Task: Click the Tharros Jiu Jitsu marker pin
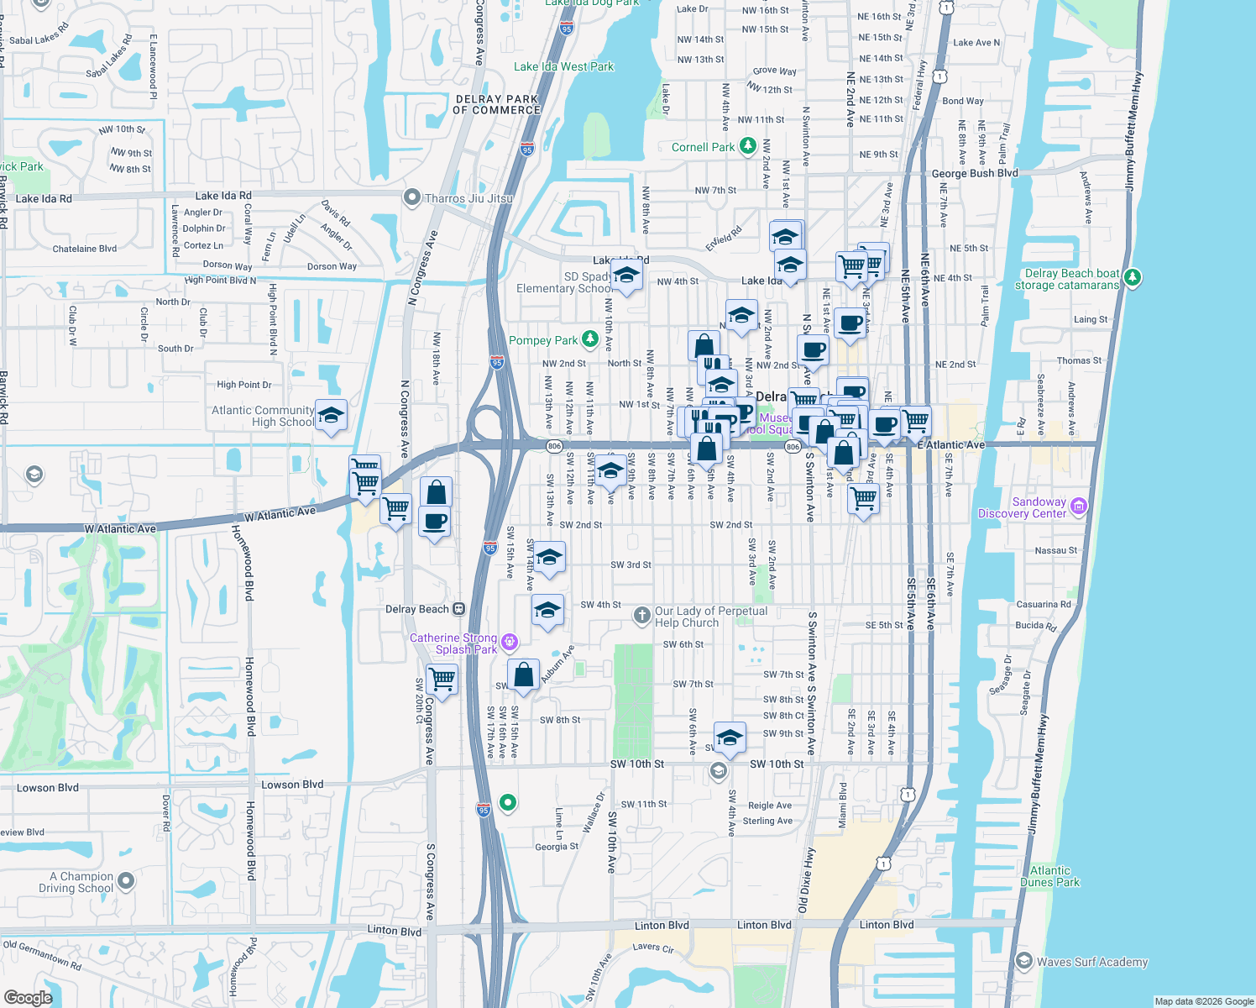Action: pos(411,198)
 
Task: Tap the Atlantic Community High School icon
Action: pos(331,416)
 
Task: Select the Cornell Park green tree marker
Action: pos(748,147)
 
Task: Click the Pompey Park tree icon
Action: pos(590,339)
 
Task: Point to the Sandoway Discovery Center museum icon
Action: pos(1079,506)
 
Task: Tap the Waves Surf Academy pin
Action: pos(1023,961)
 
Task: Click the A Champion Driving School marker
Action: pos(126,881)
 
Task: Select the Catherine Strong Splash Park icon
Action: pos(509,643)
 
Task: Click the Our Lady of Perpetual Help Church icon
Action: pos(642,617)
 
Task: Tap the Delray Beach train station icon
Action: pos(458,609)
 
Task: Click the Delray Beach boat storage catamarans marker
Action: pos(1133,277)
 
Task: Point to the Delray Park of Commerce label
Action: pos(496,104)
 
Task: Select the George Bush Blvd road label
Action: pos(974,174)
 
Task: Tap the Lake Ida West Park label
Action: pos(563,66)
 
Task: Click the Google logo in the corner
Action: pos(28,997)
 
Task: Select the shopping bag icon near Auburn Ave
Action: pos(523,675)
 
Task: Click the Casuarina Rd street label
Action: pos(1044,604)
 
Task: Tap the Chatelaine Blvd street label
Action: pos(85,249)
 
